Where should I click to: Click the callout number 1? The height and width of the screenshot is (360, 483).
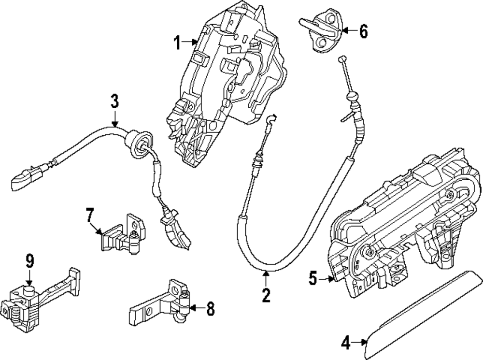[x=177, y=43]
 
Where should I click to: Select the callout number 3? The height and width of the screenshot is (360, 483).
[x=114, y=101]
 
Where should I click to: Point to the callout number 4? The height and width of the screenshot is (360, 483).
[x=345, y=343]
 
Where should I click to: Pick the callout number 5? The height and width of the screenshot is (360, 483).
[x=313, y=278]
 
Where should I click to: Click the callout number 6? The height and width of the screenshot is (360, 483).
[x=363, y=32]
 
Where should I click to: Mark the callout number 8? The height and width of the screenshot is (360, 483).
[x=210, y=308]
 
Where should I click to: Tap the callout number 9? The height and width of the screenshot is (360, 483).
[x=30, y=261]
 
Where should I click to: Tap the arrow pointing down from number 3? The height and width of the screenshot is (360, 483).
[x=114, y=119]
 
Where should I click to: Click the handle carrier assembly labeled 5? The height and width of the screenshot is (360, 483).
[x=406, y=227]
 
